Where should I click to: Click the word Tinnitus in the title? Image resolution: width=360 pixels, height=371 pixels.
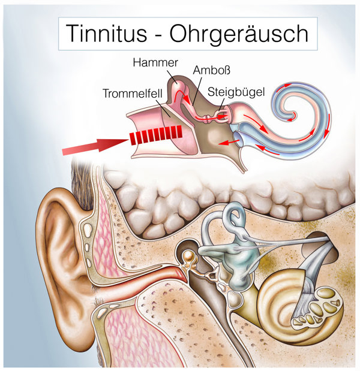click(107, 34)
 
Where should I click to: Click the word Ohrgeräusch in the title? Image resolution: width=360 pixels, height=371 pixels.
click(239, 34)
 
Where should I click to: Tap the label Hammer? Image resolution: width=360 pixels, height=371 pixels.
click(155, 63)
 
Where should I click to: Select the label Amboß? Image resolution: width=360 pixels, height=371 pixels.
click(211, 70)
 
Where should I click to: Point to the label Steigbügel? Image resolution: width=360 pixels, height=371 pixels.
click(236, 92)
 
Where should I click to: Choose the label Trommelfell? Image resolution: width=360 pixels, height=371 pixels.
click(133, 93)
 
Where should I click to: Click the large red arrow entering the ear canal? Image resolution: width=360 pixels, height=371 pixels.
click(95, 146)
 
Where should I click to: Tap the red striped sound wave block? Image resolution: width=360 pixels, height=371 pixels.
click(155, 135)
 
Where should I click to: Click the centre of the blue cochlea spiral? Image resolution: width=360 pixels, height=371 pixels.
click(293, 115)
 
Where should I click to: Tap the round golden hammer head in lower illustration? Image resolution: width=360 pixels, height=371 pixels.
click(189, 257)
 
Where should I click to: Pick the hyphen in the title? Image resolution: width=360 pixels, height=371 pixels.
click(158, 35)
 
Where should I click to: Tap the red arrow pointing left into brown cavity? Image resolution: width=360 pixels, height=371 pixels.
click(229, 142)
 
